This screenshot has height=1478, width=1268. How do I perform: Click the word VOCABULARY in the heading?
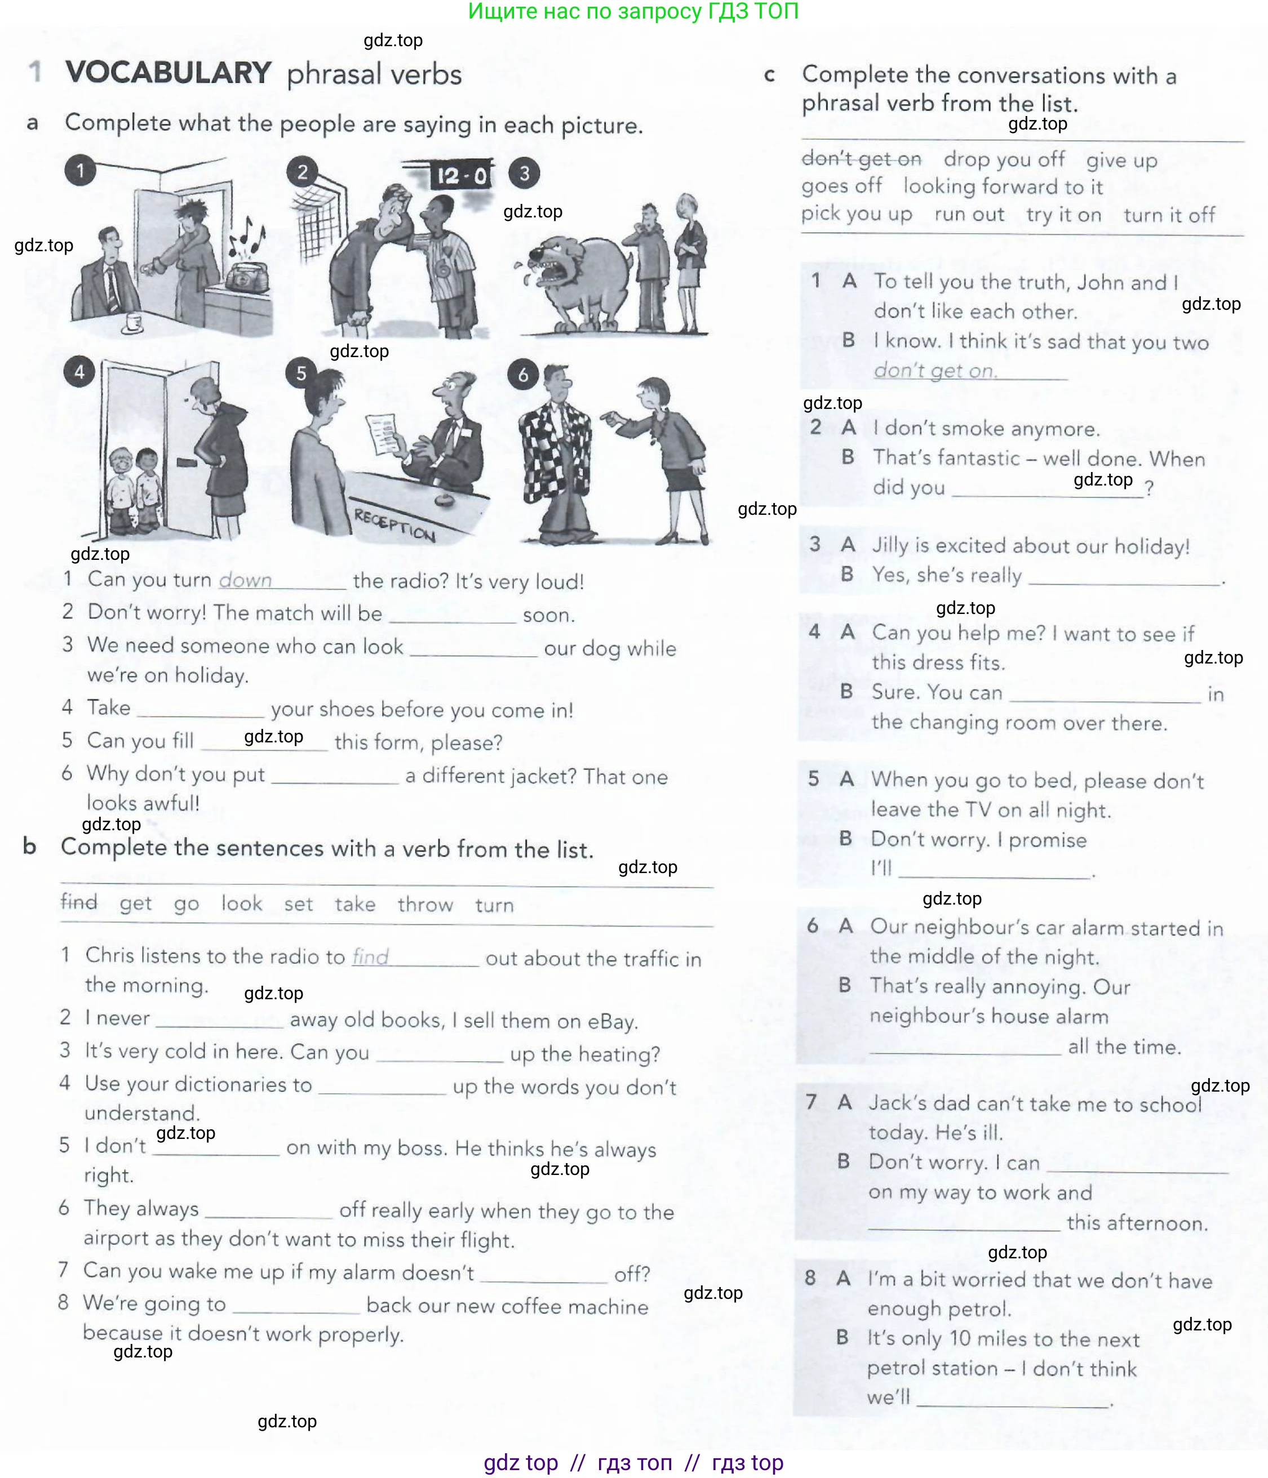168,73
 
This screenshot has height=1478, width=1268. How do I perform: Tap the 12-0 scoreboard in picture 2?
462,176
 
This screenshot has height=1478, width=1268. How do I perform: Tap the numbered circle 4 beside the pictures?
79,372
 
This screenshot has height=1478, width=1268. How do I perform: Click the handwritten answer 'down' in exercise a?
246,580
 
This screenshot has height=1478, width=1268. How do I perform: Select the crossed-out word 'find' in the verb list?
78,902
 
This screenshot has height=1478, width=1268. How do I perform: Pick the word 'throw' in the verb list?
425,905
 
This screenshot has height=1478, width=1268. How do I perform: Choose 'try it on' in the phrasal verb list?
1063,215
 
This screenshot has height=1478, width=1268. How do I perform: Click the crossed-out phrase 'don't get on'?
861,158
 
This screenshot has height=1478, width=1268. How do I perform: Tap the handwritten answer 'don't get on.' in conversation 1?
936,370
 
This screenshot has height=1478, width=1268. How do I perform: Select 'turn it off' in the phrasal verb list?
1169,215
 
